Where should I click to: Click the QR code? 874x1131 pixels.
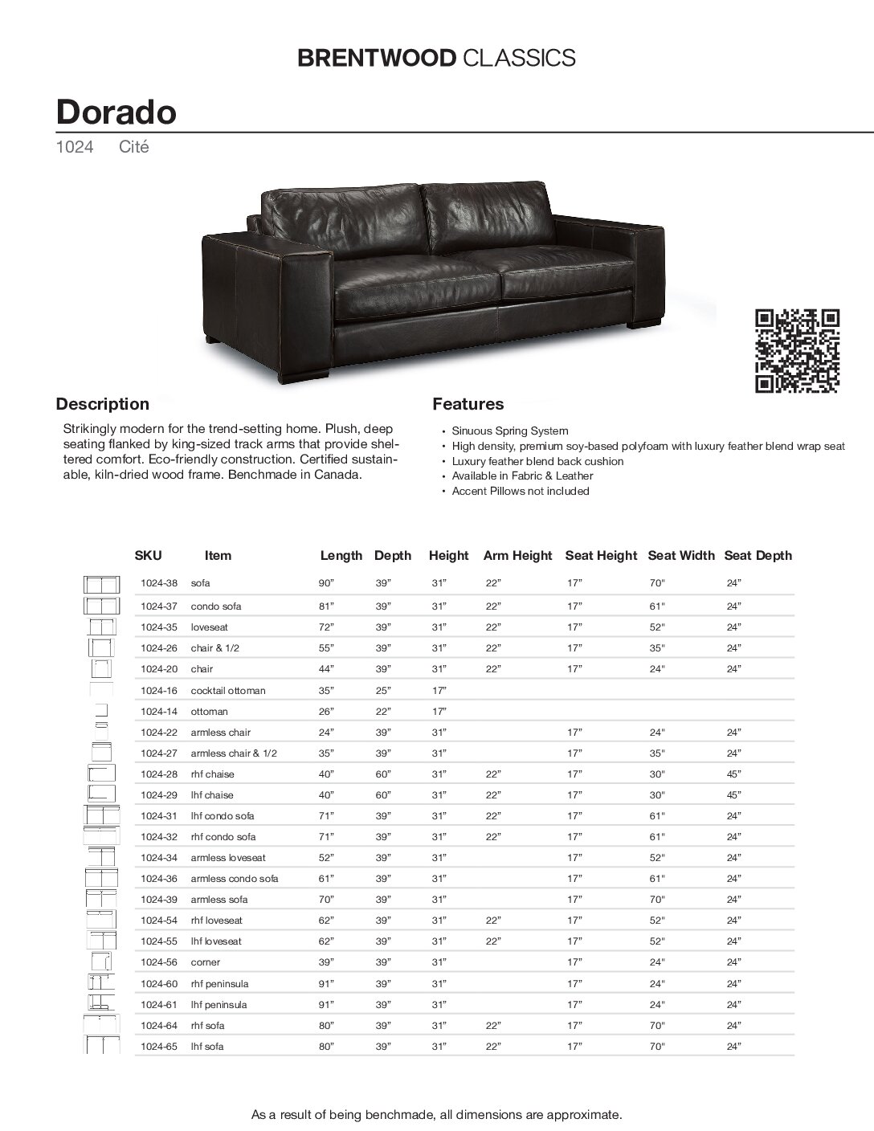point(798,351)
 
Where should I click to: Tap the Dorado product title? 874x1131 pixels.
point(116,112)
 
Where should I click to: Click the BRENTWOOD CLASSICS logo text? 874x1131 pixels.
point(436,57)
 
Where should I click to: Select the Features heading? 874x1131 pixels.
point(468,404)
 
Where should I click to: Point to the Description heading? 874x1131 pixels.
point(102,404)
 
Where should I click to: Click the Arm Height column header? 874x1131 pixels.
point(517,555)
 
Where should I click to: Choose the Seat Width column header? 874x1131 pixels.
point(680,555)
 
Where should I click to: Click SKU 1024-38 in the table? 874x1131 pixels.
point(158,583)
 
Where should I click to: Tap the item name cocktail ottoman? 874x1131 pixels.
point(227,690)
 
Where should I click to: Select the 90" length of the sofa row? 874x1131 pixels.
point(326,583)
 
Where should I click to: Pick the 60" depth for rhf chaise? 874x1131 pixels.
point(382,774)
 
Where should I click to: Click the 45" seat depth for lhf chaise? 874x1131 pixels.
point(733,795)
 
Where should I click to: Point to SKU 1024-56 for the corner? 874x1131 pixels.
point(158,962)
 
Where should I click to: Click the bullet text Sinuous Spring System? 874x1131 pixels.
point(509,431)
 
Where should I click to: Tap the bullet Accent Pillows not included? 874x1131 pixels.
point(520,491)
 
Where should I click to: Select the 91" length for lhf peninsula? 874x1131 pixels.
point(326,1004)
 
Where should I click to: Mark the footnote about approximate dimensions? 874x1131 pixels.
point(436,1114)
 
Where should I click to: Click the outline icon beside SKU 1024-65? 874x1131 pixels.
point(101,1046)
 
